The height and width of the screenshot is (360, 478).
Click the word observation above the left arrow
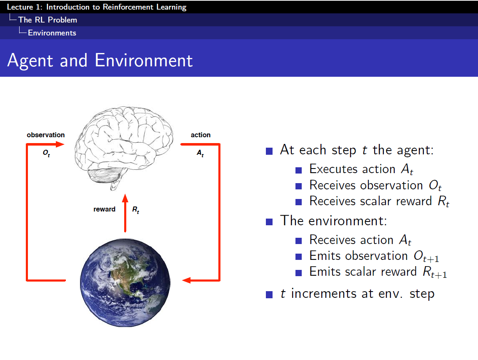coord(46,135)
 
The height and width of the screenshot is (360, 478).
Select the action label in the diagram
coord(200,135)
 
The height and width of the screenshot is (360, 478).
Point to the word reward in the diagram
coord(104,209)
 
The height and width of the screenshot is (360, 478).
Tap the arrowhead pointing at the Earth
coord(186,280)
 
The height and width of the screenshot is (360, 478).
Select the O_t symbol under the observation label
coord(46,153)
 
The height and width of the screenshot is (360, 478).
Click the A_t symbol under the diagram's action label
coord(200,153)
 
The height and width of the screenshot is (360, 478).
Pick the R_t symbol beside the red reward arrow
coord(136,210)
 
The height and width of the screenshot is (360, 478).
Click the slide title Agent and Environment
coord(100,60)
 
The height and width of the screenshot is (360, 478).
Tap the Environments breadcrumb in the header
coord(52,33)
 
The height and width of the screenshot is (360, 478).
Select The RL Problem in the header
coord(48,20)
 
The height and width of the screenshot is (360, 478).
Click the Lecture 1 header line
coord(97,7)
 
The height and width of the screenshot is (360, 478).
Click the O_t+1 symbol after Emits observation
coord(426,256)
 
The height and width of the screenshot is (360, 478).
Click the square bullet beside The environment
coord(269,221)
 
